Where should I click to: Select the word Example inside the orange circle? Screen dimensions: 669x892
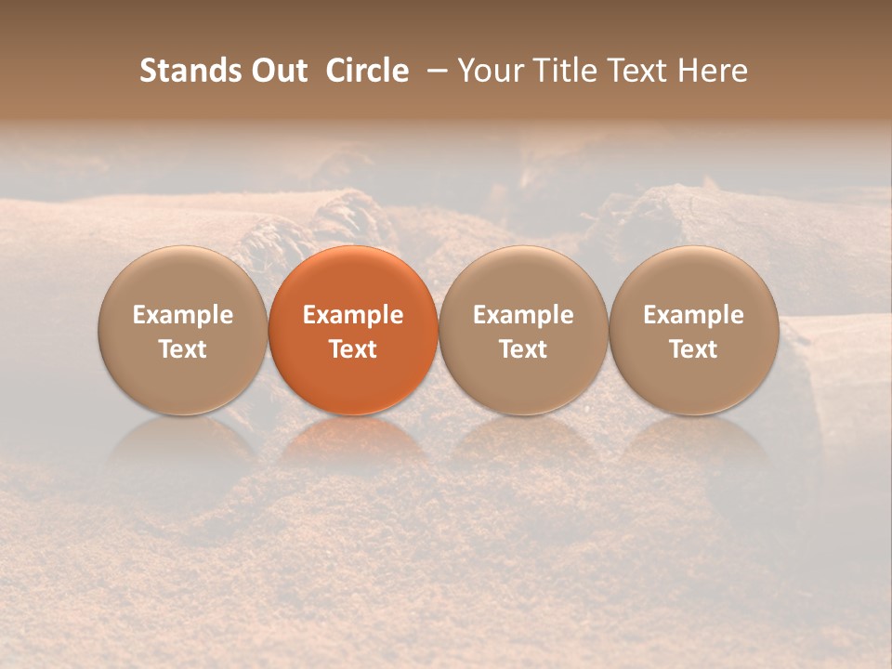tap(353, 315)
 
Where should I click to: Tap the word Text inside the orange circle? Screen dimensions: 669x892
tap(353, 349)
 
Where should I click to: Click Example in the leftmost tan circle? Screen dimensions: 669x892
tap(183, 315)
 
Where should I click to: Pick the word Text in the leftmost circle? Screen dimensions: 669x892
tap(183, 349)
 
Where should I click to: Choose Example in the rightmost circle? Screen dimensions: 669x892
tap(694, 315)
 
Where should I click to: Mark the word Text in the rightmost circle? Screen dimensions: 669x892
tap(694, 349)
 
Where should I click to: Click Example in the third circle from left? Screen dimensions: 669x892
tap(523, 315)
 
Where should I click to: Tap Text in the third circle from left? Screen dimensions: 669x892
tap(523, 349)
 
